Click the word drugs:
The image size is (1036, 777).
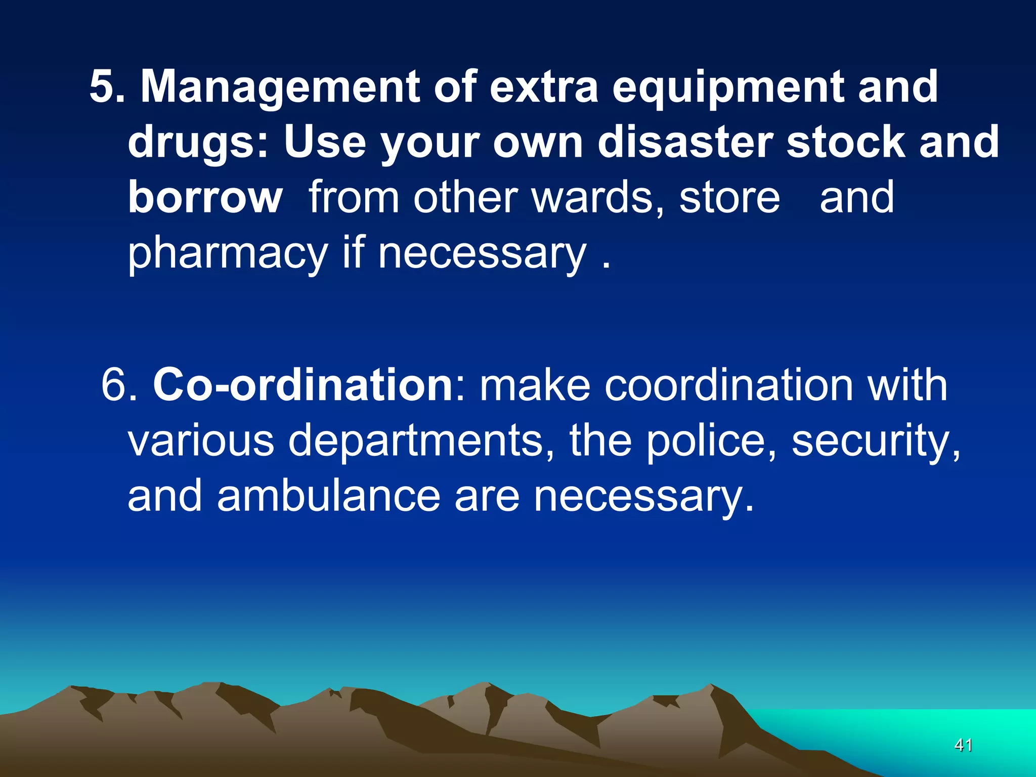[x=198, y=143]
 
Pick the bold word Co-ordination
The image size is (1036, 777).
[x=303, y=385]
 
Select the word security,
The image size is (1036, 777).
[x=876, y=441]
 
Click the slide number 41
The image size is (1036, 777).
[x=963, y=745]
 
